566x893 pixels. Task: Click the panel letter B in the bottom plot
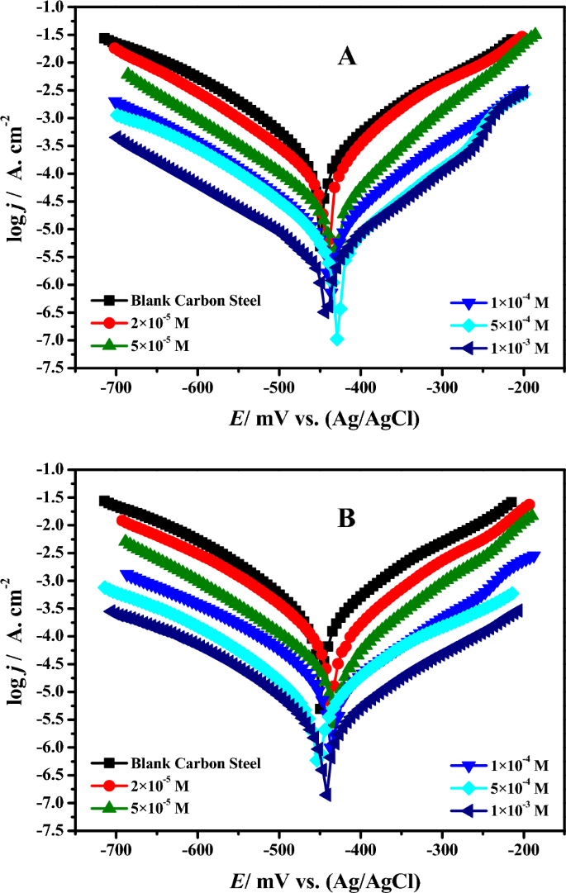(x=347, y=518)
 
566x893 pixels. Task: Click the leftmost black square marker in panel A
(x=105, y=38)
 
